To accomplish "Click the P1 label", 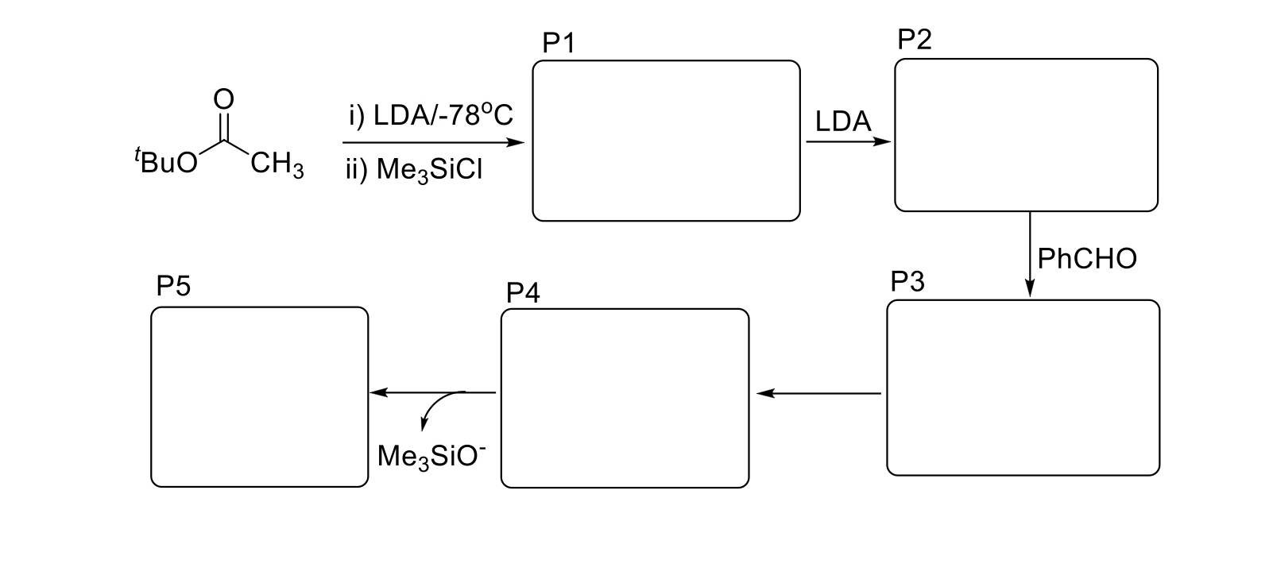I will point(558,44).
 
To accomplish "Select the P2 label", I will point(914,40).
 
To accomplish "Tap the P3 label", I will point(907,282).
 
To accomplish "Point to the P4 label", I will point(523,293).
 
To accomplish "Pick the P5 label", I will point(173,286).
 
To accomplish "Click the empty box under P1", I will point(666,141).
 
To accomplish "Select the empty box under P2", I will point(1026,135).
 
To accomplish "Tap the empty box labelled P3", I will point(1023,388).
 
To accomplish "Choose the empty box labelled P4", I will point(625,398).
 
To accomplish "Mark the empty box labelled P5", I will point(260,396).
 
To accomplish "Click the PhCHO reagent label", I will point(1087,258).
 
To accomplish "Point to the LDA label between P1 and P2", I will point(843,122).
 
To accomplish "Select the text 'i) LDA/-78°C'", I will point(431,116).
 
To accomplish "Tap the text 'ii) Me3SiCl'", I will point(414,170).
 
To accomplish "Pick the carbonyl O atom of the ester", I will point(224,99).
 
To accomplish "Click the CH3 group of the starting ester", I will point(277,165).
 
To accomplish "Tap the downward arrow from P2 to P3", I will point(1030,254).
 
